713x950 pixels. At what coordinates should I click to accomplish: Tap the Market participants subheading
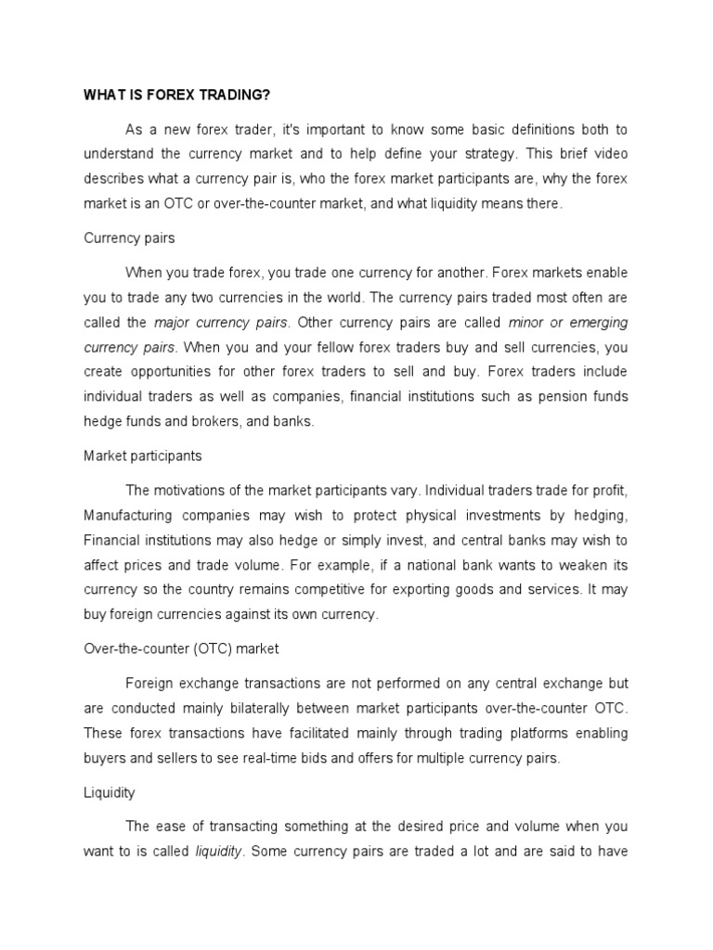pyautogui.click(x=142, y=456)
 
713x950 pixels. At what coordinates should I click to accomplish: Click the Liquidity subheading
pyautogui.click(x=109, y=792)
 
